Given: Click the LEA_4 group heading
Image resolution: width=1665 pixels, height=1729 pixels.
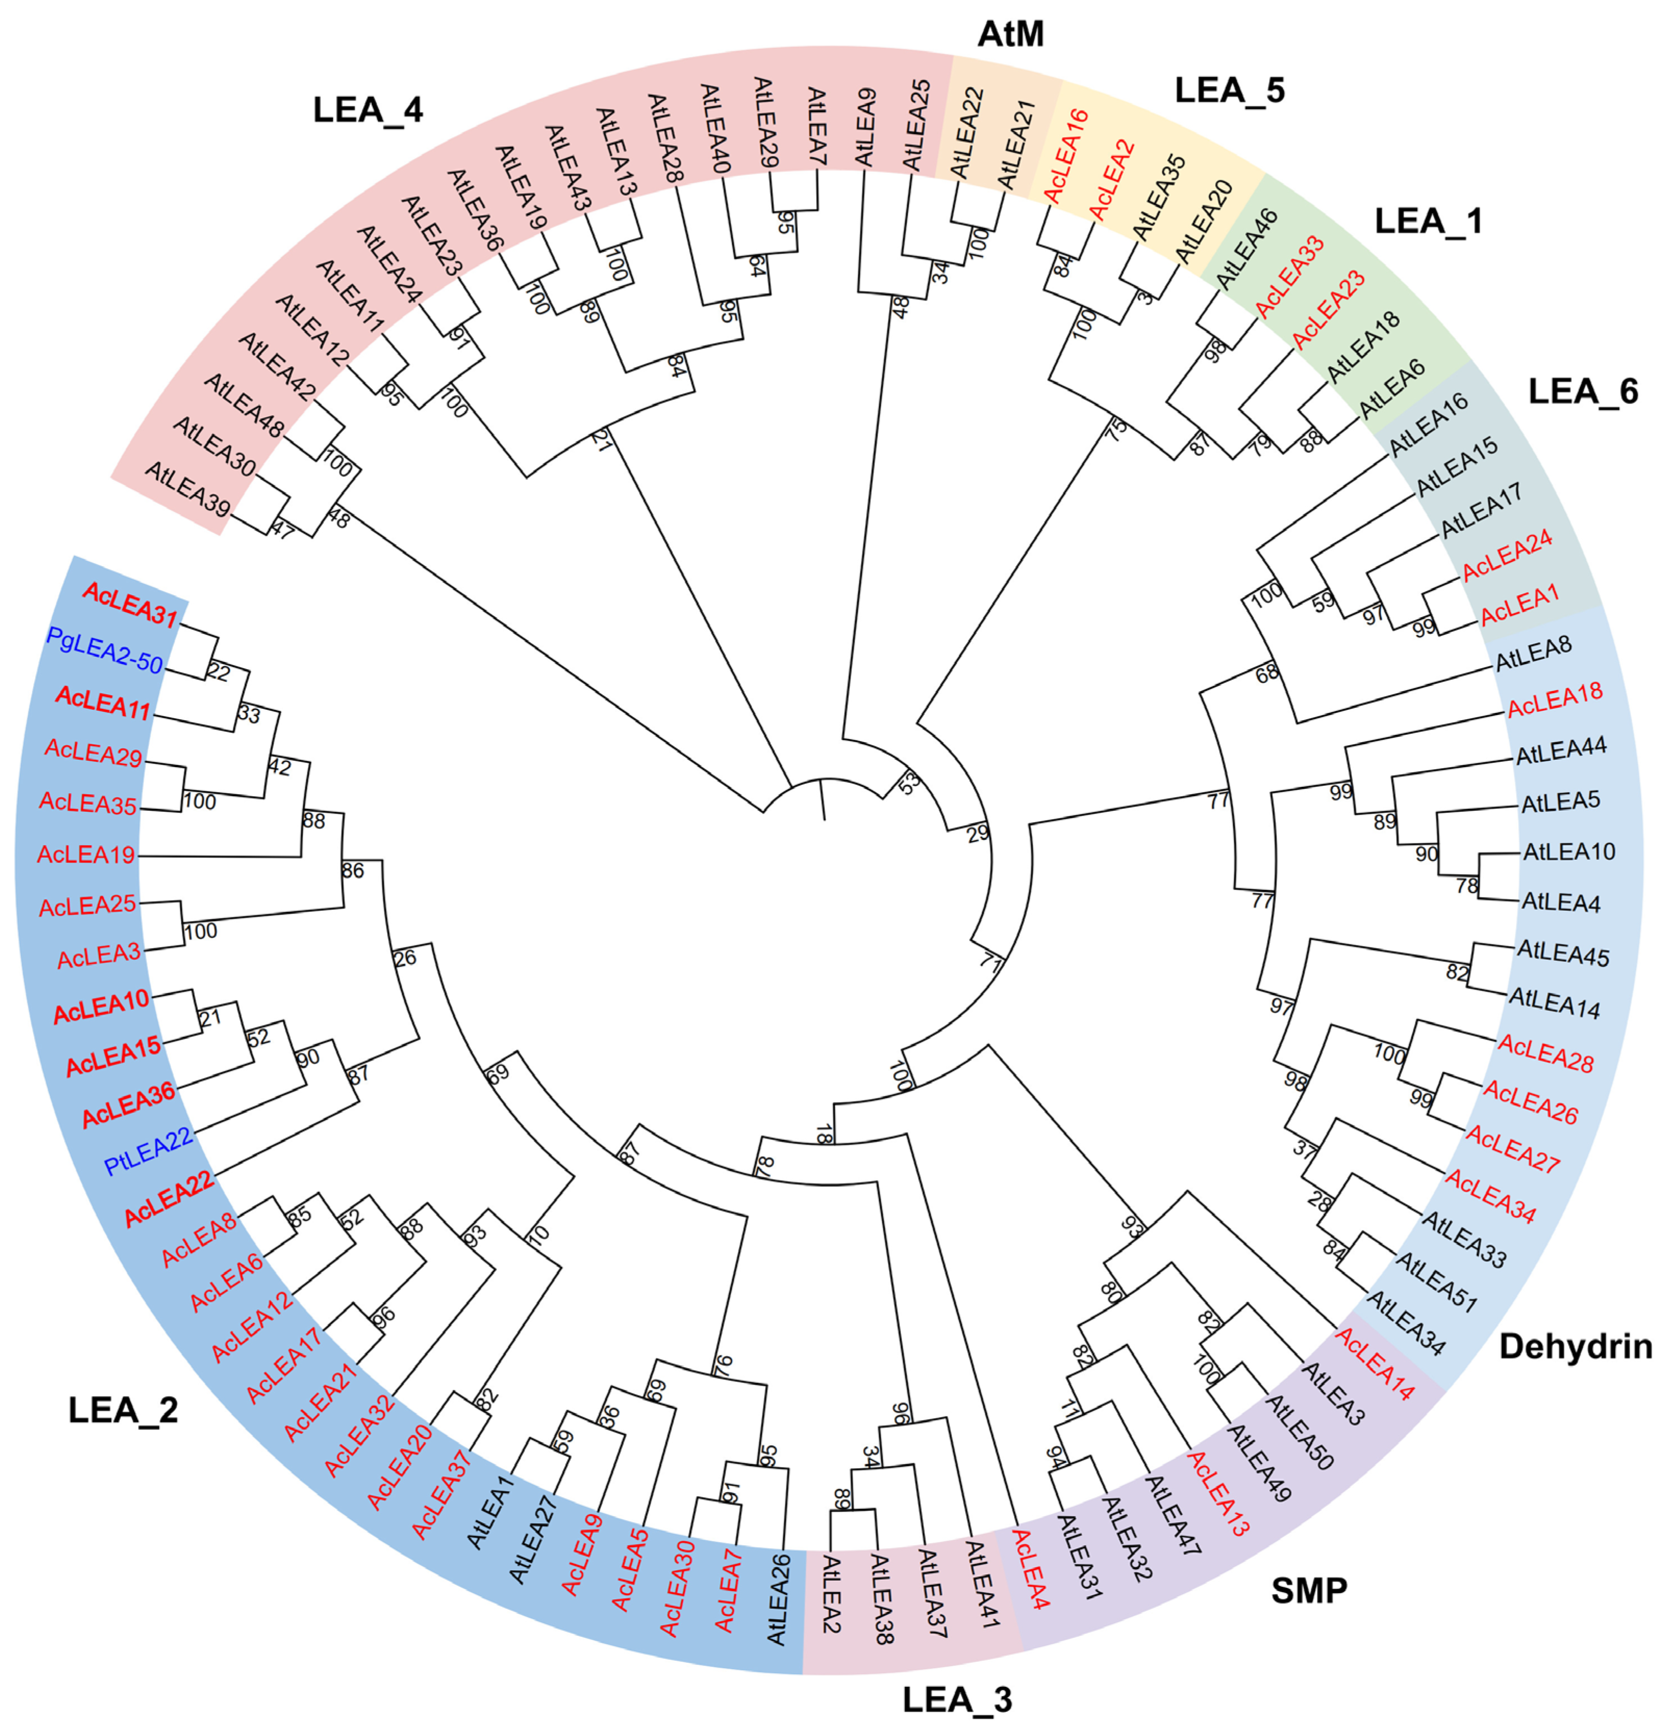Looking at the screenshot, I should point(368,110).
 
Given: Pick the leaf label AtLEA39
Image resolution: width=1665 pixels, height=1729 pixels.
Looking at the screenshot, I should point(188,490).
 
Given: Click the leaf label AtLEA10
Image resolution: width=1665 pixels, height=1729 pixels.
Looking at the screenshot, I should point(1569,852).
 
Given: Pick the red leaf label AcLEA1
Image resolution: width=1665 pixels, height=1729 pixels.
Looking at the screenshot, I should point(1519,604).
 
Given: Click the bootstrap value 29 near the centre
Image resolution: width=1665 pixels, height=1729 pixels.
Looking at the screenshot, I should point(978,833).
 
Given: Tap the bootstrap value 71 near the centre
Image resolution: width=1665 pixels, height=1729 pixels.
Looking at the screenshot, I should point(991,962).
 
